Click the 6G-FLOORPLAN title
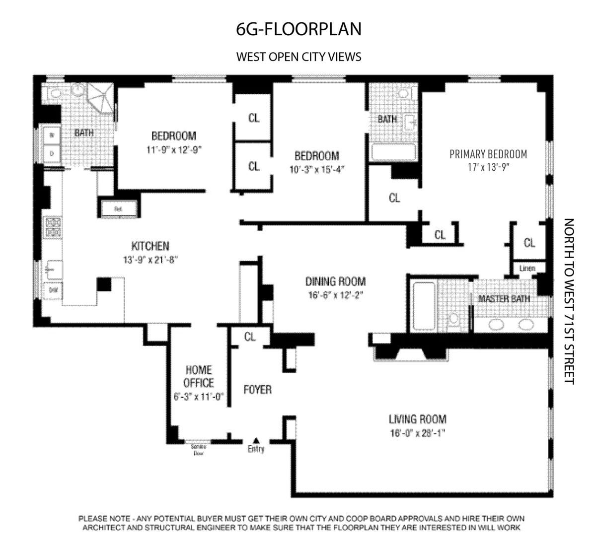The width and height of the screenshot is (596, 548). coord(298,29)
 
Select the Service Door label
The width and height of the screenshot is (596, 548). coord(198,449)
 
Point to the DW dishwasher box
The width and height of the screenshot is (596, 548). coord(53,291)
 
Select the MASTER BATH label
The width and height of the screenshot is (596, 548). coord(504,299)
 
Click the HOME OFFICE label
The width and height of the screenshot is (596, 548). coord(199,376)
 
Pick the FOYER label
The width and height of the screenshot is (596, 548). coord(257,389)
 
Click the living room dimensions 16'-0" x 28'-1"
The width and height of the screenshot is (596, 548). coord(417,433)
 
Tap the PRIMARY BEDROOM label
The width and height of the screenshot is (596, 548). coord(488,154)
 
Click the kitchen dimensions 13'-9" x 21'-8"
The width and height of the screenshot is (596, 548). coord(150,259)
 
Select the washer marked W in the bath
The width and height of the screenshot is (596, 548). coord(52,135)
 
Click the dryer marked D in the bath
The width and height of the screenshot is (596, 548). coord(52,153)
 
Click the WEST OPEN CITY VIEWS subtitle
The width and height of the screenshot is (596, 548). coord(298,57)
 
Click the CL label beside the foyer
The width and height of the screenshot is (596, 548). coord(250,337)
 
